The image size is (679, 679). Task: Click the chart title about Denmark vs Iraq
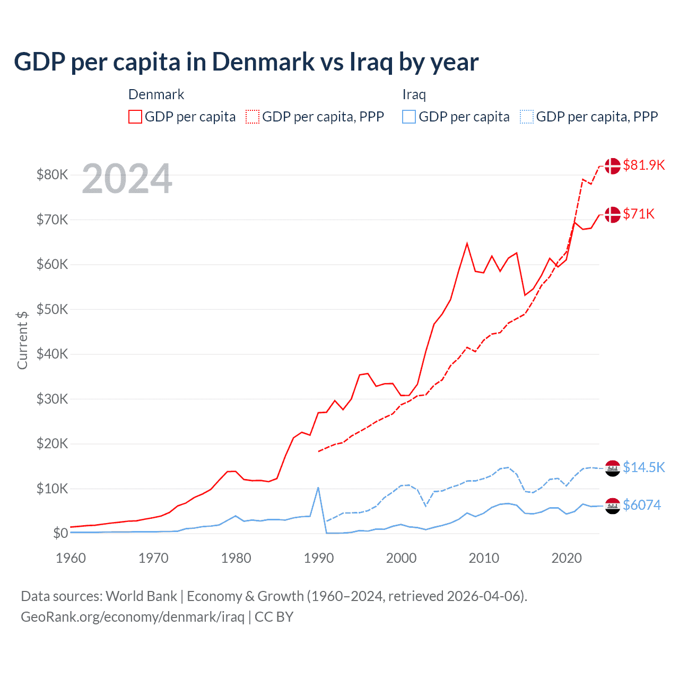pyautogui.click(x=246, y=62)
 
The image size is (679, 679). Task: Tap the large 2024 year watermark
pyautogui.click(x=127, y=179)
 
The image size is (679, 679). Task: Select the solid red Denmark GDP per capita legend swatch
pyautogui.click(x=135, y=117)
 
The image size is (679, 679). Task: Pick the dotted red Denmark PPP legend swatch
pyautogui.click(x=253, y=117)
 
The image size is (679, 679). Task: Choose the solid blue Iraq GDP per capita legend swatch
pyautogui.click(x=409, y=117)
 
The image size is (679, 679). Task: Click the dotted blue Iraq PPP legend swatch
pyautogui.click(x=527, y=117)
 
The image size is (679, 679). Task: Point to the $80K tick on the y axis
pyautogui.click(x=52, y=175)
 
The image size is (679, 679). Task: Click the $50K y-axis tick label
pyautogui.click(x=52, y=309)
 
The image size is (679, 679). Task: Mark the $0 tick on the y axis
pyautogui.click(x=60, y=533)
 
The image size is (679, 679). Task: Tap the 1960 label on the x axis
pyautogui.click(x=71, y=558)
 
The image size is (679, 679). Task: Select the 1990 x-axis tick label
pyautogui.click(x=319, y=558)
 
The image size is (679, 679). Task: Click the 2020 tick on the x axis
pyautogui.click(x=567, y=558)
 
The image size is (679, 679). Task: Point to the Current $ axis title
pyautogui.click(x=22, y=340)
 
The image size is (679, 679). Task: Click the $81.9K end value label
pyautogui.click(x=643, y=165)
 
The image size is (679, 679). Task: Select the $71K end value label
pyautogui.click(x=639, y=214)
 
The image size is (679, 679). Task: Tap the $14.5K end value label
pyautogui.click(x=643, y=467)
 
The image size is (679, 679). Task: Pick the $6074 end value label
pyautogui.click(x=642, y=505)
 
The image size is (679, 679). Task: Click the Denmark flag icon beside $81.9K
pyautogui.click(x=613, y=166)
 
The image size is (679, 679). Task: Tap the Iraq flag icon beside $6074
pyautogui.click(x=613, y=506)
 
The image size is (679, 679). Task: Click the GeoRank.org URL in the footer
pyautogui.click(x=133, y=617)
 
